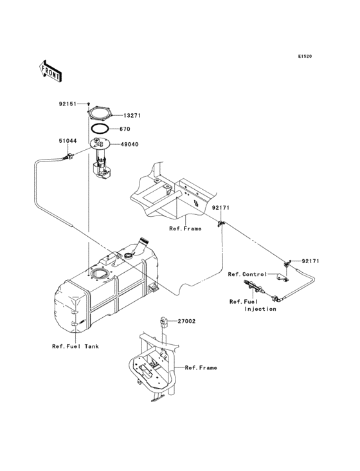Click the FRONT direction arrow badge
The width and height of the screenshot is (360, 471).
click(x=51, y=70)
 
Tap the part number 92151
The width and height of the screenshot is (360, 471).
click(x=69, y=103)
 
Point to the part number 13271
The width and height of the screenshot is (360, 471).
click(x=132, y=116)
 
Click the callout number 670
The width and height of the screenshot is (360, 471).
click(x=124, y=129)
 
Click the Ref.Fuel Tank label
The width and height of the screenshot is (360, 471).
click(x=75, y=346)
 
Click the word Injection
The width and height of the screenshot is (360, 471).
click(x=260, y=309)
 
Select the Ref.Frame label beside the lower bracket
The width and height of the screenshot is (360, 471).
click(x=201, y=367)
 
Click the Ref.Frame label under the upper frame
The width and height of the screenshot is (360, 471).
click(x=185, y=228)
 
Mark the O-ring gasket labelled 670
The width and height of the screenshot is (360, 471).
click(x=99, y=129)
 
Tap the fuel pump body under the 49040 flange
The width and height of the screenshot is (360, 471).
click(x=101, y=169)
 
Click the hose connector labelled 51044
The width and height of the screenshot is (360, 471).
click(x=66, y=156)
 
